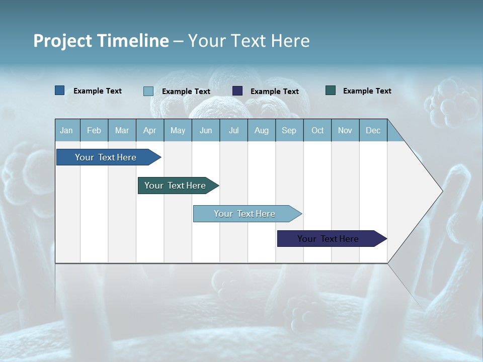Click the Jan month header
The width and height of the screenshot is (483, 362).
(67, 130)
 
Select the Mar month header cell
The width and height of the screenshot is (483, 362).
(122, 130)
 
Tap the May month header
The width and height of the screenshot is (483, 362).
(178, 130)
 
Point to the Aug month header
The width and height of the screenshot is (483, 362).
(261, 130)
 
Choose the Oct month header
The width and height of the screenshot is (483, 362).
(317, 130)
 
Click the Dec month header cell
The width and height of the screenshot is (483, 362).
(373, 130)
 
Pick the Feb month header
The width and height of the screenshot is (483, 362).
(94, 130)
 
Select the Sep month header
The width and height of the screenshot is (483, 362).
(289, 130)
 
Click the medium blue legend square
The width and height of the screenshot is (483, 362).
(60, 90)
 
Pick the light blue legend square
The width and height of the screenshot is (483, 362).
(148, 91)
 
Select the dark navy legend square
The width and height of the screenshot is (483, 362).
(237, 91)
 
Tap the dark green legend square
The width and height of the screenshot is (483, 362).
(331, 90)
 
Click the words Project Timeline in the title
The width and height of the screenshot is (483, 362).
(101, 41)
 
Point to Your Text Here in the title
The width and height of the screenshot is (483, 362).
(249, 41)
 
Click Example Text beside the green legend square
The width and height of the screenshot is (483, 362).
(367, 91)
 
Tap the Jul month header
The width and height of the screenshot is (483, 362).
(233, 130)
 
